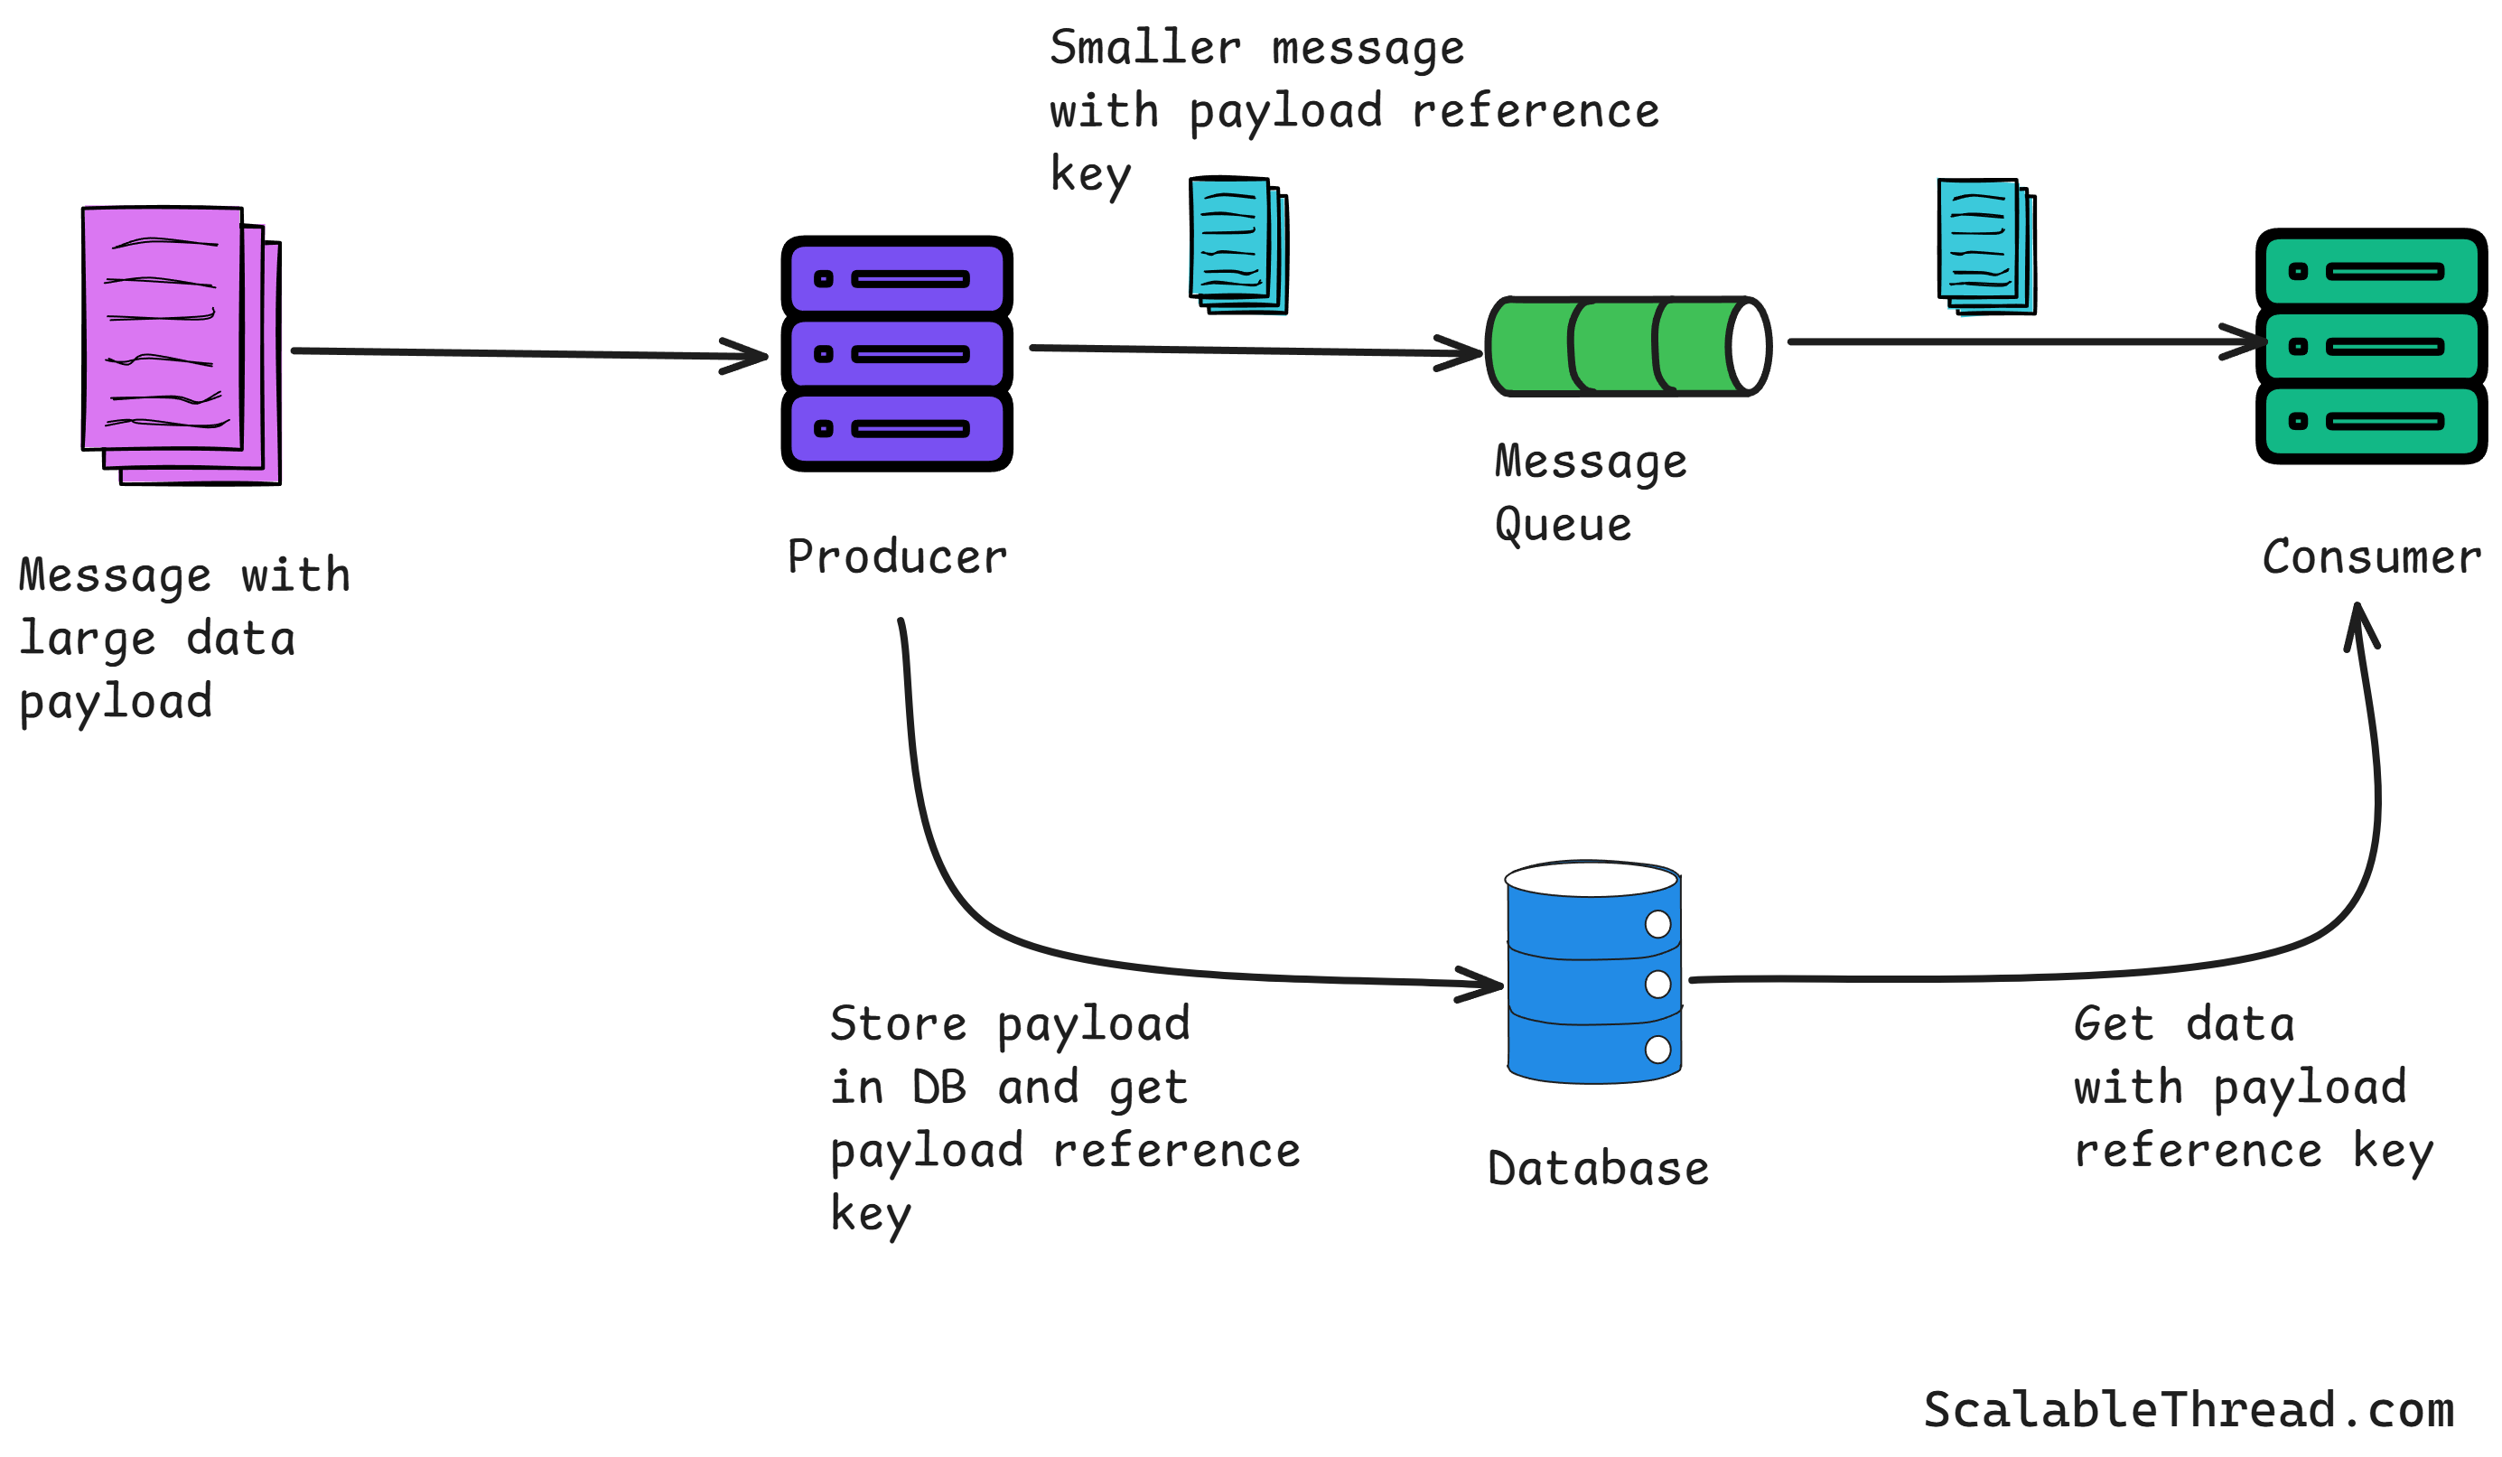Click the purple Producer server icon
(897, 353)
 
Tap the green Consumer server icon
(2370, 346)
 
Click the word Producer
(897, 557)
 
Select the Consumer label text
(2370, 557)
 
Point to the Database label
(1598, 1169)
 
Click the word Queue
(1563, 525)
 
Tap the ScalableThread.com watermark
(2189, 1410)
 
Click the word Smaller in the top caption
(1144, 48)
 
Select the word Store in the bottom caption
(898, 1024)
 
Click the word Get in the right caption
(2113, 1024)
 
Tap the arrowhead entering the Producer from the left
(752, 356)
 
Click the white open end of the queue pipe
(1750, 347)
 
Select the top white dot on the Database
(1657, 924)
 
